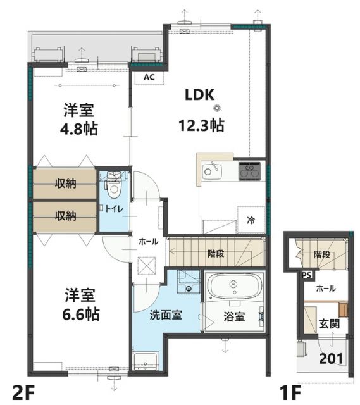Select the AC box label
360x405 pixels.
click(149, 77)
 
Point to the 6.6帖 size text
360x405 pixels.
click(78, 313)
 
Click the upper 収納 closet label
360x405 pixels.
click(65, 184)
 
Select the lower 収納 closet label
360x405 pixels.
click(65, 215)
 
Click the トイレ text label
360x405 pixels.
click(115, 208)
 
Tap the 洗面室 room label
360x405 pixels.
click(166, 314)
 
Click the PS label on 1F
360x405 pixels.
click(306, 275)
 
